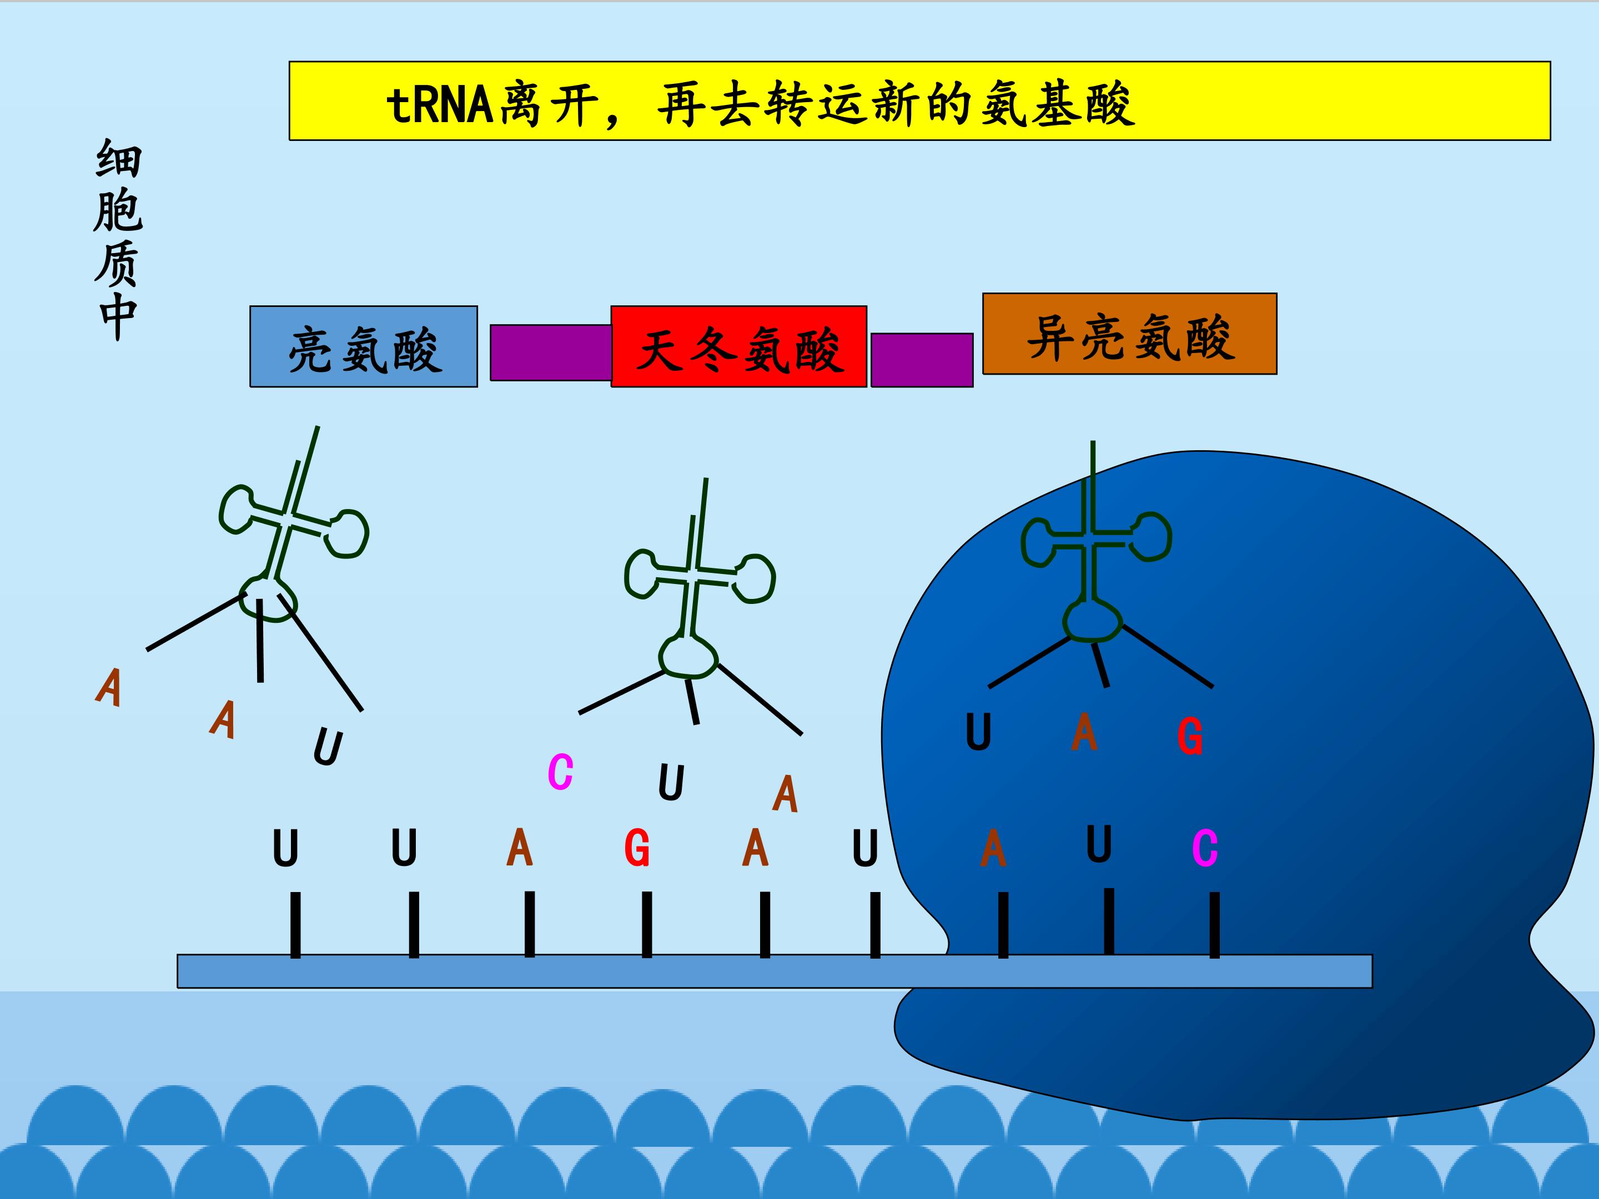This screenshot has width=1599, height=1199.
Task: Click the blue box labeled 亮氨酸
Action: [364, 347]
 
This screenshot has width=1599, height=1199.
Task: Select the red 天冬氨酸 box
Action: [739, 347]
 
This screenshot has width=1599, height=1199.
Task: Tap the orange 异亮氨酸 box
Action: [1130, 334]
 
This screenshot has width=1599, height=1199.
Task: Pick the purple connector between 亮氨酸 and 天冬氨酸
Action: [551, 352]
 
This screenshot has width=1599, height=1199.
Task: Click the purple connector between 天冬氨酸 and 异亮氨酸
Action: [922, 360]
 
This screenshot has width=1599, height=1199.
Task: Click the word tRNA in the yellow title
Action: [440, 105]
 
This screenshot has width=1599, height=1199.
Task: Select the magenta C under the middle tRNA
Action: [560, 772]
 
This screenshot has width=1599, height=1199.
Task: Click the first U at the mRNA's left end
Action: [285, 849]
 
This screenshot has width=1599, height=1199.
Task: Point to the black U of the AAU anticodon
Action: [328, 747]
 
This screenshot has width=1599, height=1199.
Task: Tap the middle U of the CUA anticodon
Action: [671, 783]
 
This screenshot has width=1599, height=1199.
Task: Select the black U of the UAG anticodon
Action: [978, 732]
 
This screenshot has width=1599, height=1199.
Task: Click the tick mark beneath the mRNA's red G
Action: [647, 924]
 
